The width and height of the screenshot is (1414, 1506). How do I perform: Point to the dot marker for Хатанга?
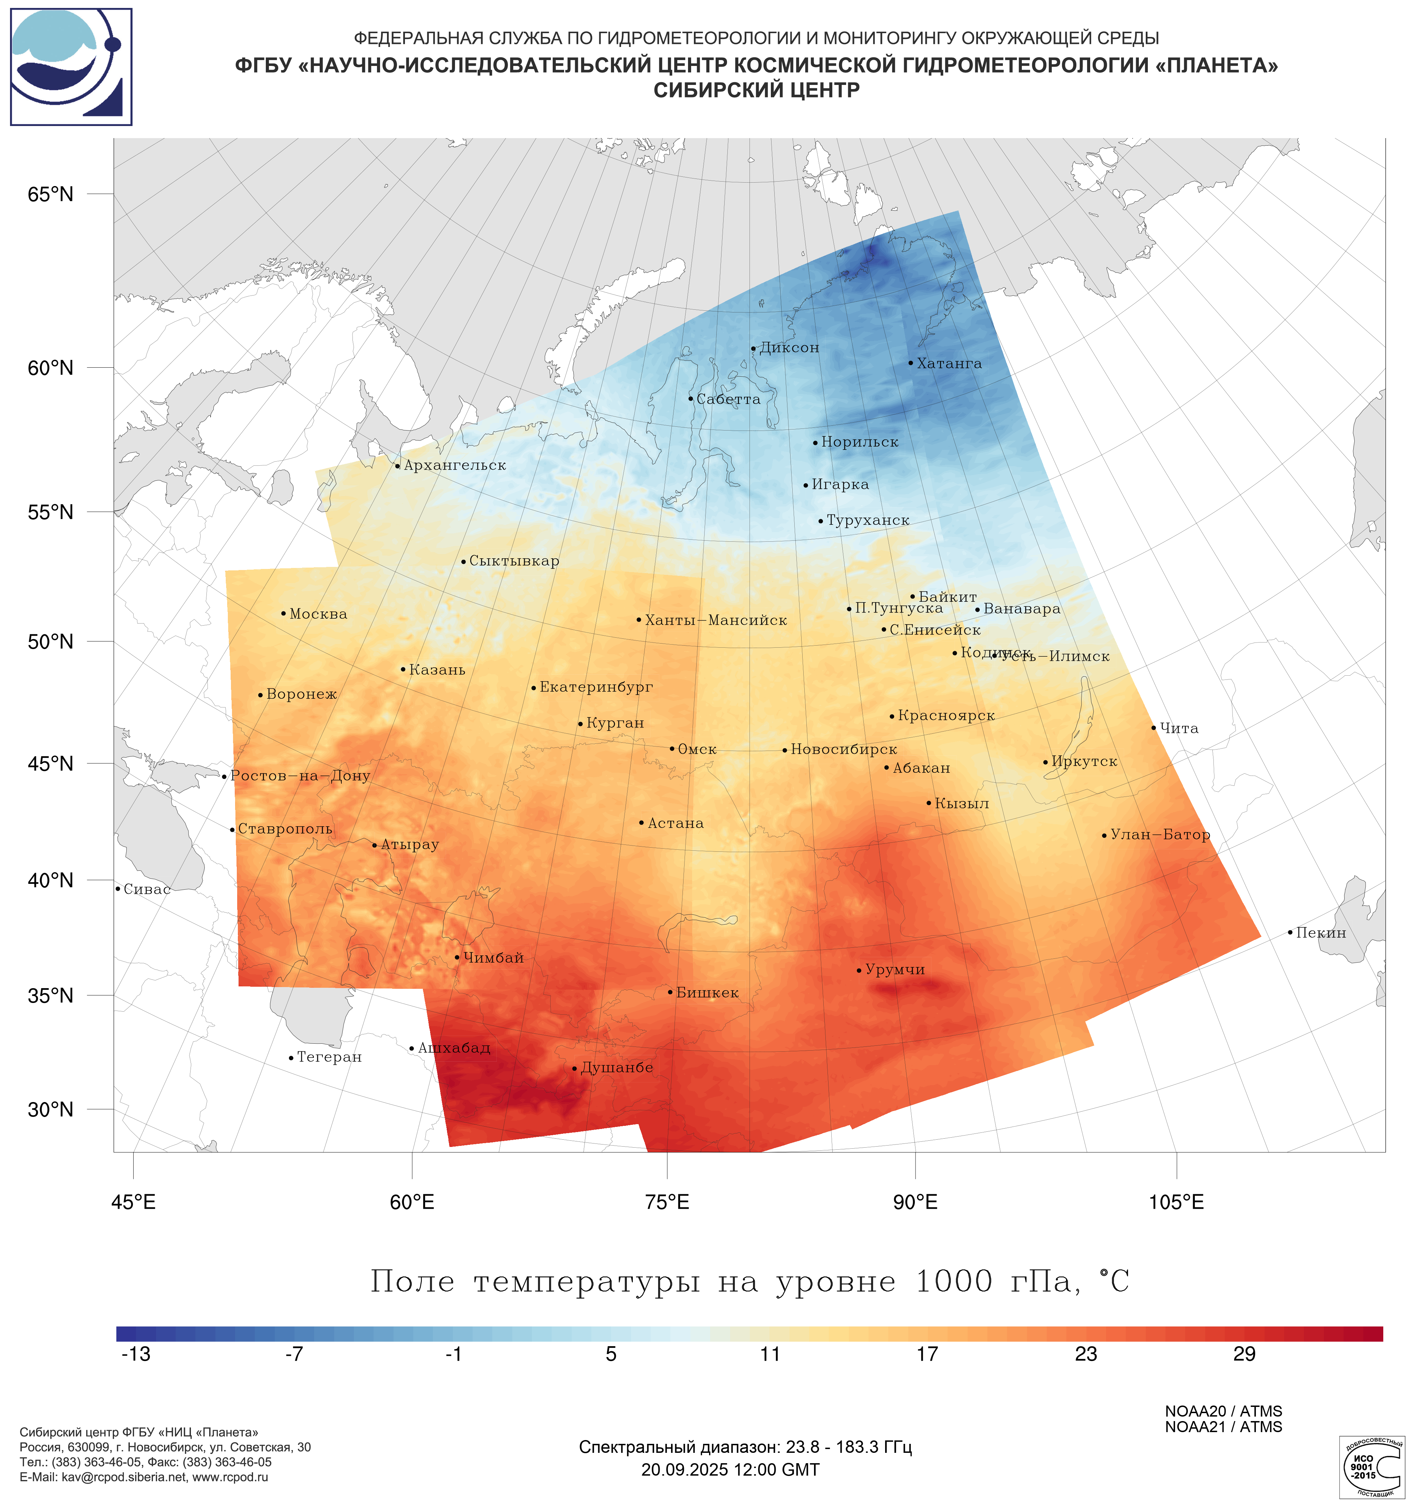tap(910, 363)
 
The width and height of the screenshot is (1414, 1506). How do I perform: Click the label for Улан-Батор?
tap(1160, 835)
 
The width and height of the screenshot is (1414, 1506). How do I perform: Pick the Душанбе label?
tap(616, 1068)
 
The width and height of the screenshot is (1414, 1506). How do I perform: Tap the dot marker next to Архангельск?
tap(398, 466)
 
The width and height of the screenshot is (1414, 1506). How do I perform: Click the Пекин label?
tap(1320, 933)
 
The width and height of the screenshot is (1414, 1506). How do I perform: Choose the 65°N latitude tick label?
tap(51, 195)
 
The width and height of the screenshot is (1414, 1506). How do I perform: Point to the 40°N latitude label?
tap(51, 880)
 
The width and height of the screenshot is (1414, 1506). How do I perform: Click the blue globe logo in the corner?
tap(71, 67)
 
